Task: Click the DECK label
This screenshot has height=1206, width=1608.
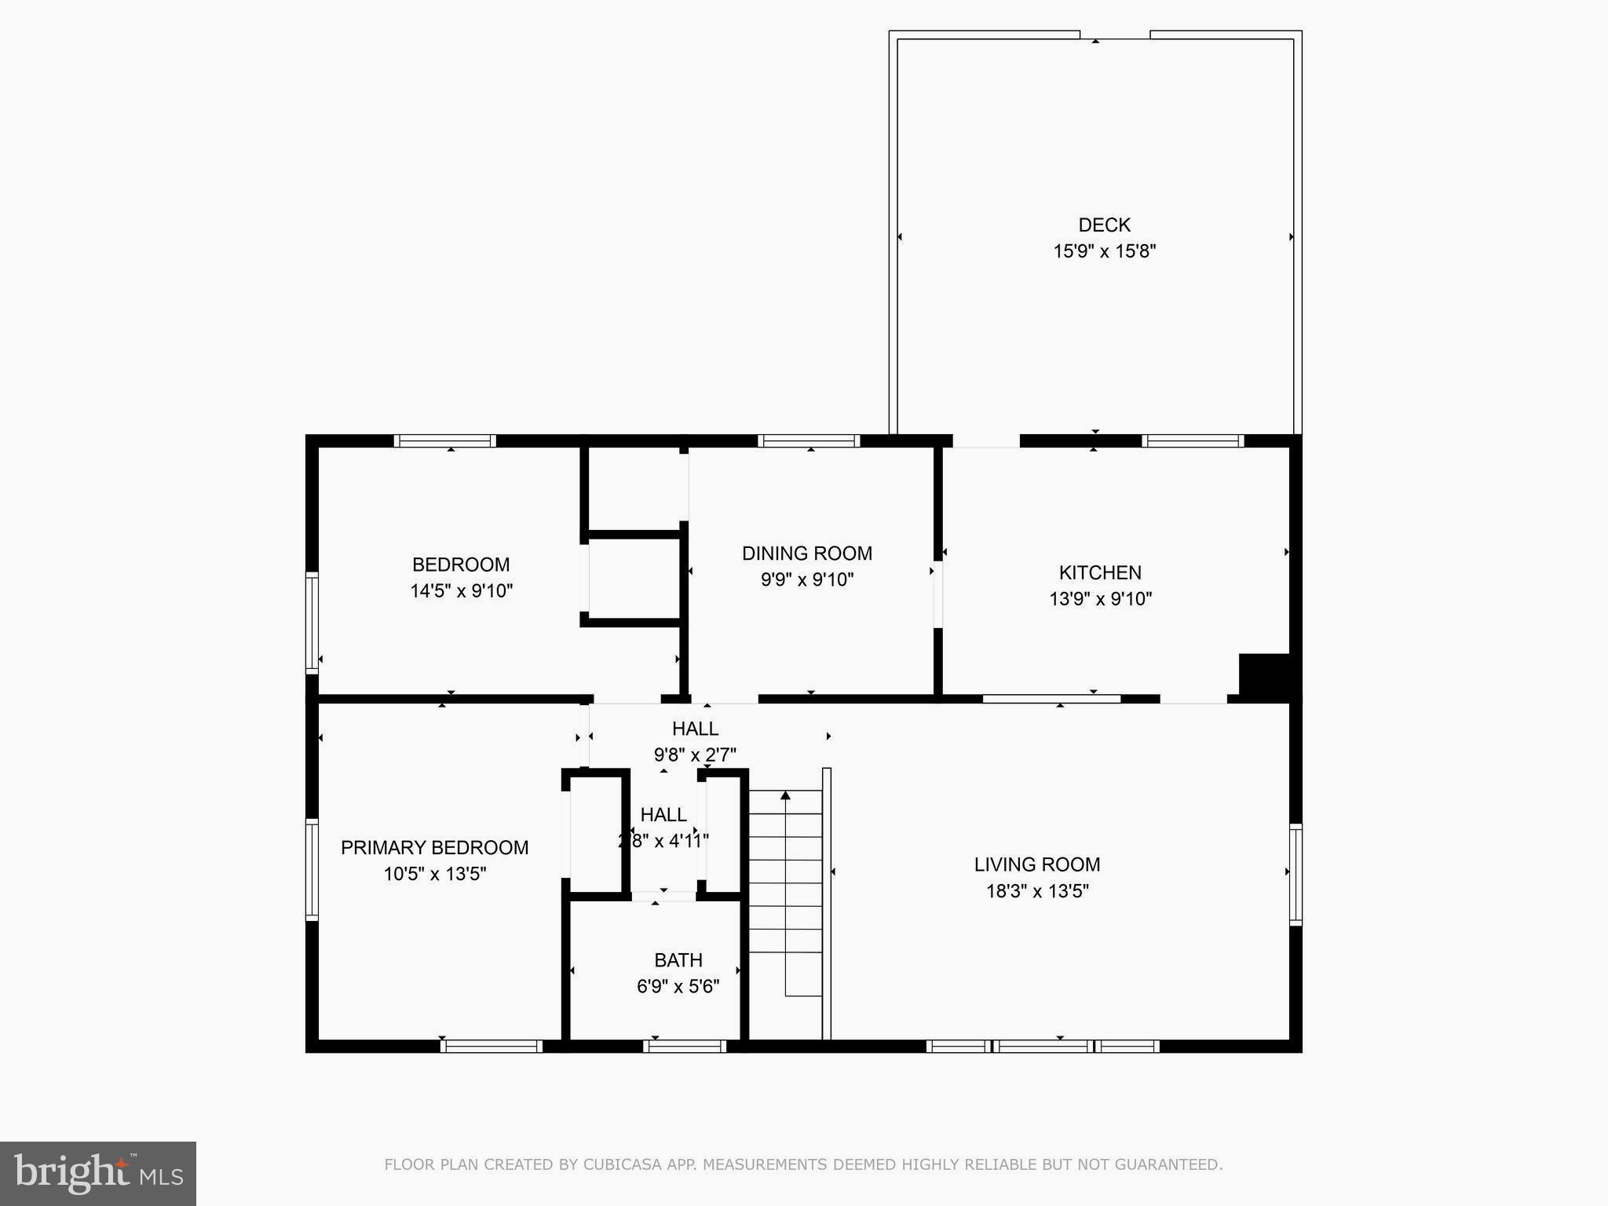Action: click(1104, 225)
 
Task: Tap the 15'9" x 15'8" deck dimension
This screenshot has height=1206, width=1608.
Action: click(1104, 251)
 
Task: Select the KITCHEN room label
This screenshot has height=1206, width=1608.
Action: click(1100, 572)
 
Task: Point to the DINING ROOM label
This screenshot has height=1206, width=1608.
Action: click(807, 554)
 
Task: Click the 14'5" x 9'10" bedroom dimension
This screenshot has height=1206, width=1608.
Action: click(461, 591)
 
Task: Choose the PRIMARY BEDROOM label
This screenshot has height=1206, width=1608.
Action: click(434, 848)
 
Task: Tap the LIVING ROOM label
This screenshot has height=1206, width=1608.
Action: click(1036, 864)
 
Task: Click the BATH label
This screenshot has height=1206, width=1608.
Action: click(678, 960)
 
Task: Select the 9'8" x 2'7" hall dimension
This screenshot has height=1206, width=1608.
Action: click(695, 755)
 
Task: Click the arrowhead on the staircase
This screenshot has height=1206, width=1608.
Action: click(785, 796)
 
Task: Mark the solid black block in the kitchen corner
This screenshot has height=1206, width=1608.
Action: click(1264, 674)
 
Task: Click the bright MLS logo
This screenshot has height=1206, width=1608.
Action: click(98, 1173)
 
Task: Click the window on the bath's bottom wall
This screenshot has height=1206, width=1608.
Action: click(685, 1046)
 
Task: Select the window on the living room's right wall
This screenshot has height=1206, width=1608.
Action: click(1296, 874)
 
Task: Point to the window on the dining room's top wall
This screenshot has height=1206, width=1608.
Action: click(809, 441)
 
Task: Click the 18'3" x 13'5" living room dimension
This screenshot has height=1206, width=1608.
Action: click(1037, 891)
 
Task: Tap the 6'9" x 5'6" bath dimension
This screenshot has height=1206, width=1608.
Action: click(678, 987)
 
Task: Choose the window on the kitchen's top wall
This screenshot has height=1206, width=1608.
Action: click(1193, 441)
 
